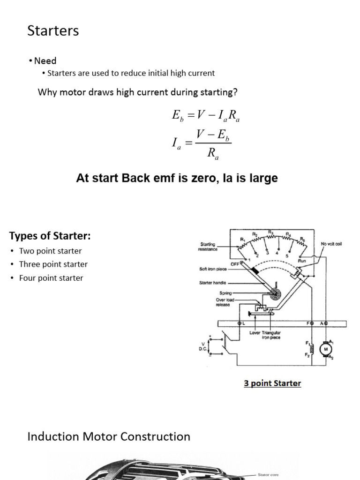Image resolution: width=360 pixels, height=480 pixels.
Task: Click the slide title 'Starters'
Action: pos(53,31)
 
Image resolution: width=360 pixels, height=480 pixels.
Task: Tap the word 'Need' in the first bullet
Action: pos(45,61)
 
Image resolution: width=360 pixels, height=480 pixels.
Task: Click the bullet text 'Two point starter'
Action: pos(50,251)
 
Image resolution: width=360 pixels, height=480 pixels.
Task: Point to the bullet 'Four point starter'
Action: pos(51,278)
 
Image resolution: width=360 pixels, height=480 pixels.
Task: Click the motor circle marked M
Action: pos(325,349)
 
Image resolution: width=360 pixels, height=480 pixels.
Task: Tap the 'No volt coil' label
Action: pos(330,244)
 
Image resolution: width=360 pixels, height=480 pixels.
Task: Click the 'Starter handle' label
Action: pos(213,283)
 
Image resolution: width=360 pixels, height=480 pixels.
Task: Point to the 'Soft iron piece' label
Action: pos(214,269)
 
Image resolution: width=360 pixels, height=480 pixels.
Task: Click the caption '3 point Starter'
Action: pos(272,383)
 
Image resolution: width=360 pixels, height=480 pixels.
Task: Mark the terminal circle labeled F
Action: pos(311,323)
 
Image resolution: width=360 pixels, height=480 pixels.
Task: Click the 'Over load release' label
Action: pos(224,302)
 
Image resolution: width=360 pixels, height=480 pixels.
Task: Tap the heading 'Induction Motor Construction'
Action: pos(109,436)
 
